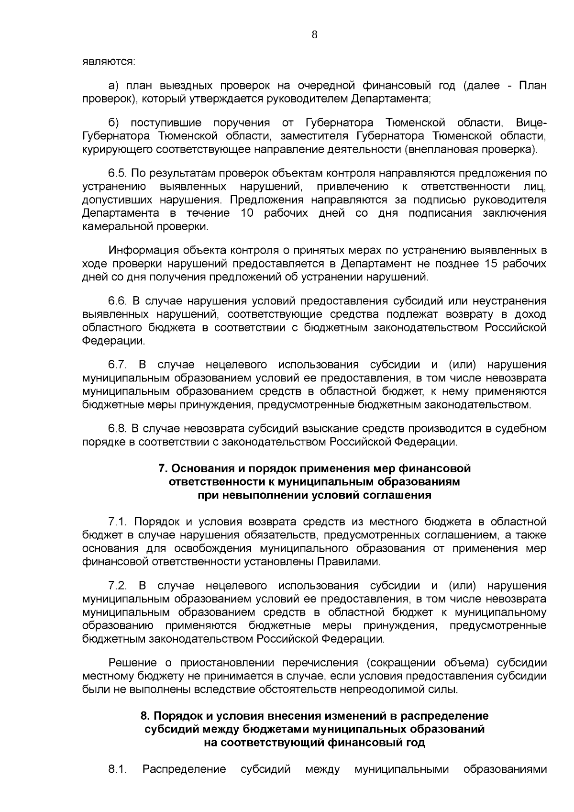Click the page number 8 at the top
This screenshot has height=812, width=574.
tap(314, 34)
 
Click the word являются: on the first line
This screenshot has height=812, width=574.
tap(109, 62)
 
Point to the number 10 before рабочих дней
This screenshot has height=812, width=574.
tap(247, 213)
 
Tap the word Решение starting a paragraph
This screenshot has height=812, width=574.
tap(133, 663)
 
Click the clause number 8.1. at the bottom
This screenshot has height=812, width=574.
tap(117, 769)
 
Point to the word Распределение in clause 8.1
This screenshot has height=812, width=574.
tap(184, 769)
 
